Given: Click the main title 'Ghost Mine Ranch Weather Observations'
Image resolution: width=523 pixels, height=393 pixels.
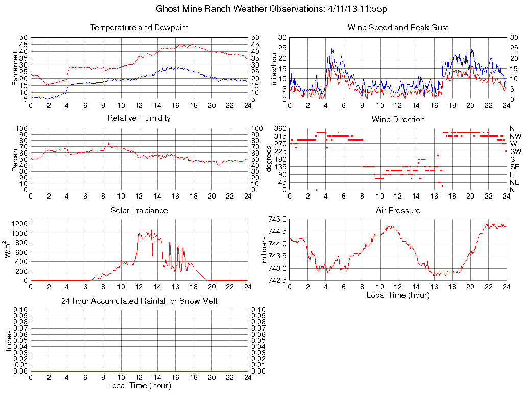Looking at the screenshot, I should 240,9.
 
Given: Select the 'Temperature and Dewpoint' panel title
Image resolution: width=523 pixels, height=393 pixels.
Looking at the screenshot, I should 139,28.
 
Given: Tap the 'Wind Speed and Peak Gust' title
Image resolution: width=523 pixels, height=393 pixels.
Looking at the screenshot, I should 398,28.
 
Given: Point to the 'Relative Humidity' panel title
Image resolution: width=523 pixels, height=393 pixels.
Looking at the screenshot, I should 139,118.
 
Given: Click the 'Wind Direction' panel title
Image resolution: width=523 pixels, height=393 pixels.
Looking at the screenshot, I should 398,119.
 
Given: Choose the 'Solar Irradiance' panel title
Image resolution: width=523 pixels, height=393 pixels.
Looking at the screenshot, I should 139,210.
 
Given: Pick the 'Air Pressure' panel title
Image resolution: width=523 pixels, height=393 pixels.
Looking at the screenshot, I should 398,210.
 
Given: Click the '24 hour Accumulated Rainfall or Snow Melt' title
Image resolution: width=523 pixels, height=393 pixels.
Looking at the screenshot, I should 139,301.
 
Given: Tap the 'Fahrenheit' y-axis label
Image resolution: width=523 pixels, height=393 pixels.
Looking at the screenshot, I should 16,68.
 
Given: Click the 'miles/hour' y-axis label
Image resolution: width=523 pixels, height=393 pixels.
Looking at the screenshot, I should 274,68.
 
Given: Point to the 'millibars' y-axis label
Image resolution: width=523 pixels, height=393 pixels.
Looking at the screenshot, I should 265,250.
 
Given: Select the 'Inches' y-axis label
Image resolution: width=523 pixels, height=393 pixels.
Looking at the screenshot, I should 9,340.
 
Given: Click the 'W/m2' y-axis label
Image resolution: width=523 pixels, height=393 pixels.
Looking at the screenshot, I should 9,250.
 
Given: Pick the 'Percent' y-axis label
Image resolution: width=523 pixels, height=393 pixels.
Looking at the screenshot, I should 16,159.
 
